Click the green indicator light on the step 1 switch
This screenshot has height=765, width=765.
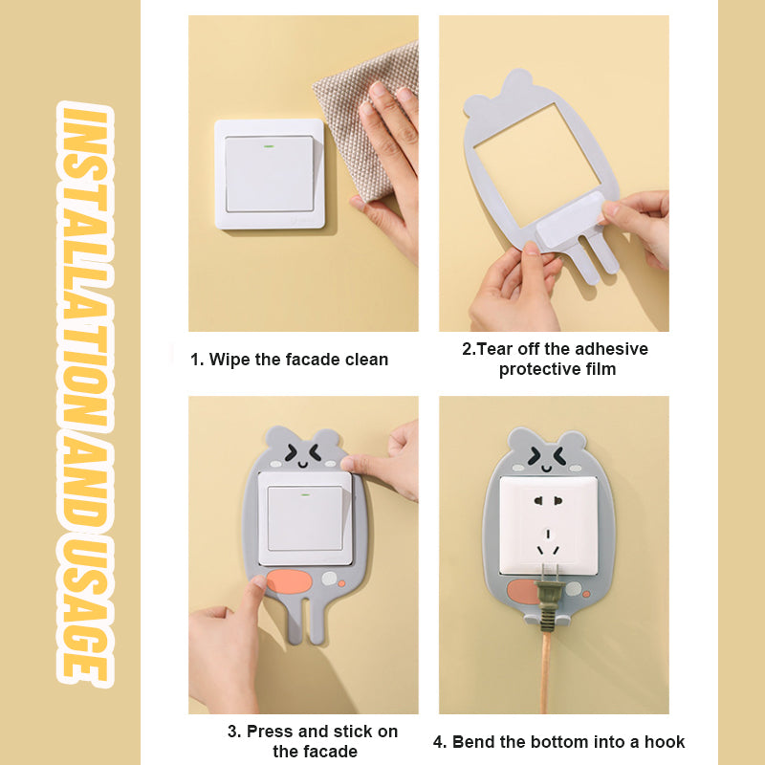pos(269,147)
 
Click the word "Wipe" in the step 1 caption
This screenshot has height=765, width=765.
pos(229,360)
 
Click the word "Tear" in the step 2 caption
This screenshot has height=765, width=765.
pos(495,349)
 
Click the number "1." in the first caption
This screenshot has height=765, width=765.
pos(197,360)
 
